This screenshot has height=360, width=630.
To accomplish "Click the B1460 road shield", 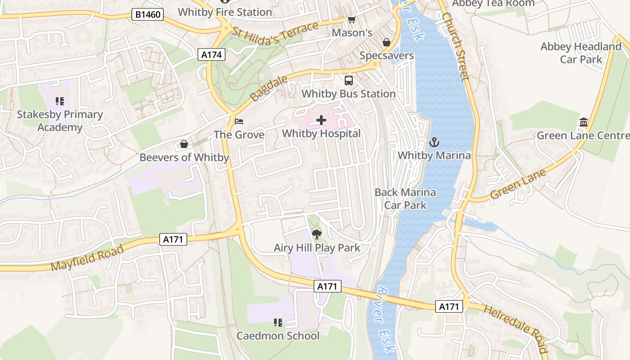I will point(148,15).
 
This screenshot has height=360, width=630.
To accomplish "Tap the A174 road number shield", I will point(211,55).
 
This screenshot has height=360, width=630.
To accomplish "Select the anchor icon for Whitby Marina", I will point(434,143).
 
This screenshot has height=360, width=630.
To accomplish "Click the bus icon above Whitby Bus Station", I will point(349,81).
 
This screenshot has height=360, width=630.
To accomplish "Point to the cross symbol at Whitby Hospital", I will point(321,120).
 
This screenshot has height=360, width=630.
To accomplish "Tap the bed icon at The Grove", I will point(239,121).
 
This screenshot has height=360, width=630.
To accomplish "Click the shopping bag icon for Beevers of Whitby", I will point(184,144).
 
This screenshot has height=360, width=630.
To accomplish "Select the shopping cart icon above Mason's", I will point(351,20).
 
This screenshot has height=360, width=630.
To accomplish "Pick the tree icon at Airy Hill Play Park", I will point(317,234).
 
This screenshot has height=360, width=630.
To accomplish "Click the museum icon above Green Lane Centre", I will point(584,122).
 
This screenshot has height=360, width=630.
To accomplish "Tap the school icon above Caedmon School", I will point(278,322).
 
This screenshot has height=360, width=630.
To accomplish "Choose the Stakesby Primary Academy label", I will point(60,121).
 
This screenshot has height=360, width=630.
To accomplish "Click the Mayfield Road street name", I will point(87,258).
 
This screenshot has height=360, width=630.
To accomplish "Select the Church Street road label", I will point(455,46).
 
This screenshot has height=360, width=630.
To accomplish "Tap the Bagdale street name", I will point(262,89).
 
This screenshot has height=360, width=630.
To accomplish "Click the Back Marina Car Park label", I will point(405,198).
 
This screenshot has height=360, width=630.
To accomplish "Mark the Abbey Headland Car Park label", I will point(580,53).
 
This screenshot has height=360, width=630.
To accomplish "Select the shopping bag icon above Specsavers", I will point(386,42).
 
